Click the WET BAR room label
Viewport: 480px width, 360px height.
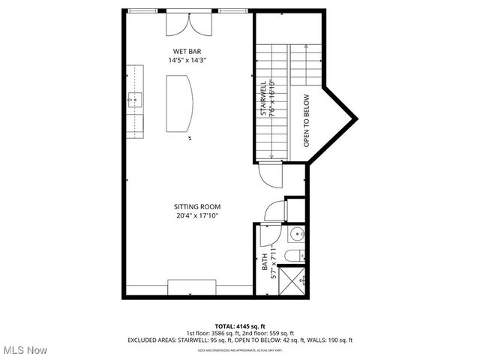[x=187, y=51]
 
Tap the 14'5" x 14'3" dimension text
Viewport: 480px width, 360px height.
[x=187, y=60]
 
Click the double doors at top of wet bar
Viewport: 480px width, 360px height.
[x=188, y=25]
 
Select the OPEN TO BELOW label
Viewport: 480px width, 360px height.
[x=306, y=120]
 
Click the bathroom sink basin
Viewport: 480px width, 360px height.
[x=295, y=232]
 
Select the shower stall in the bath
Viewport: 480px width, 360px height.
[x=295, y=278]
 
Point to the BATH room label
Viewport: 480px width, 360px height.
[x=265, y=262]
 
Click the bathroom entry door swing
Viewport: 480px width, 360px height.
[x=267, y=235]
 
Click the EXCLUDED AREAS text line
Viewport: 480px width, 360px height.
[x=240, y=340]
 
